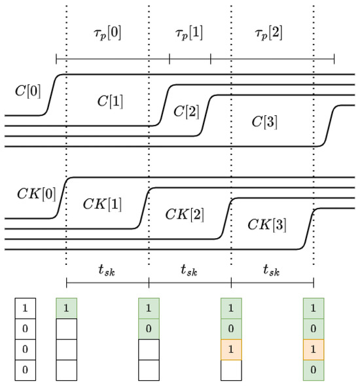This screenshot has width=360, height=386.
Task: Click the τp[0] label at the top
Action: (x=107, y=33)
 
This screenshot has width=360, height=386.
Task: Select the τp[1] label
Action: (x=189, y=33)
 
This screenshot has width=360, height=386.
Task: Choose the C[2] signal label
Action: (x=186, y=111)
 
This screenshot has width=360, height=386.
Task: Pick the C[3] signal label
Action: (x=266, y=121)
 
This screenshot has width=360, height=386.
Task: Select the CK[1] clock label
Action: (x=101, y=203)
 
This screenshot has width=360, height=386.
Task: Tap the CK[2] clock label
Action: (x=184, y=213)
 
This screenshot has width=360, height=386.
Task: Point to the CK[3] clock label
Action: (x=266, y=224)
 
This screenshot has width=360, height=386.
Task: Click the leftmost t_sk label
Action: (x=107, y=269)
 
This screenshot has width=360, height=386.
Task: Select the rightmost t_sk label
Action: (x=272, y=269)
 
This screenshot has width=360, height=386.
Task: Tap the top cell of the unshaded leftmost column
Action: (x=26, y=307)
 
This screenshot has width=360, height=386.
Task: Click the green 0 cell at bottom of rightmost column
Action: (x=314, y=370)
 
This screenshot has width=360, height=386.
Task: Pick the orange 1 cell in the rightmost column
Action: (x=314, y=349)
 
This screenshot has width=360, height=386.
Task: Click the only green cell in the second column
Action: (x=67, y=307)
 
